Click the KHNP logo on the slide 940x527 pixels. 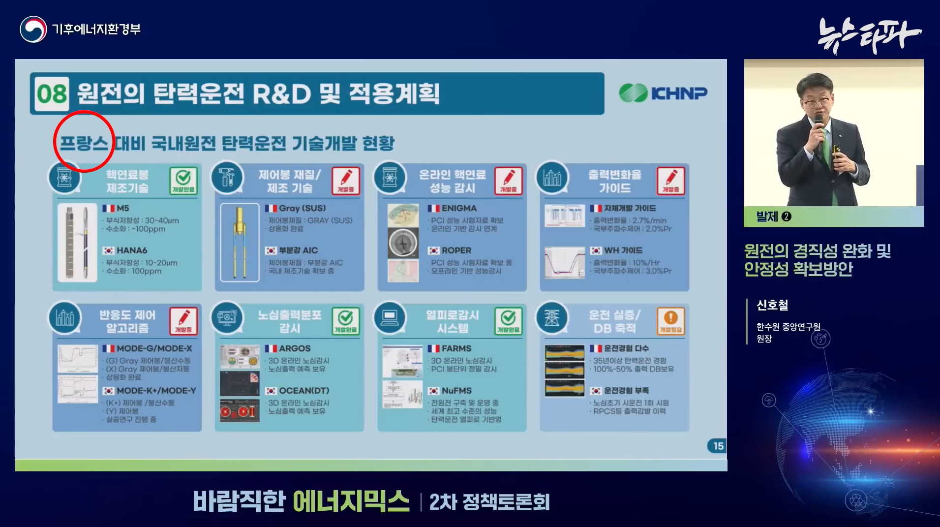pyautogui.click(x=663, y=93)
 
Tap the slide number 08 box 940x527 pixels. pyautogui.click(x=52, y=93)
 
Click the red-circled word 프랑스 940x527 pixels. pyautogui.click(x=84, y=143)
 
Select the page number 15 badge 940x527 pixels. pyautogui.click(x=717, y=446)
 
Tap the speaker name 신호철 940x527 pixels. pyautogui.click(x=772, y=306)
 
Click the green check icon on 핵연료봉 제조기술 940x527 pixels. pyautogui.click(x=183, y=181)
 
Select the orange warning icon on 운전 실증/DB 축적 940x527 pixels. pyautogui.click(x=670, y=320)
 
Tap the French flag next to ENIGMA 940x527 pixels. pyautogui.click(x=433, y=208)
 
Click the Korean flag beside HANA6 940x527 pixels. pyautogui.click(x=108, y=250)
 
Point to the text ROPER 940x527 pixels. pyautogui.click(x=456, y=250)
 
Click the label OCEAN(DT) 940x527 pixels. pyautogui.click(x=304, y=391)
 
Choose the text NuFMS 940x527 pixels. pyautogui.click(x=456, y=391)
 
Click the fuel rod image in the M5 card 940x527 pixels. pyautogui.click(x=77, y=242)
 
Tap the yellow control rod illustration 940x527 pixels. pyautogui.click(x=240, y=242)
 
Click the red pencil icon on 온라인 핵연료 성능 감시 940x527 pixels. pyautogui.click(x=508, y=181)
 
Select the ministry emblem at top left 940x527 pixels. pyautogui.click(x=33, y=30)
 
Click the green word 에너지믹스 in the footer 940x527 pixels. pyautogui.click(x=351, y=502)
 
